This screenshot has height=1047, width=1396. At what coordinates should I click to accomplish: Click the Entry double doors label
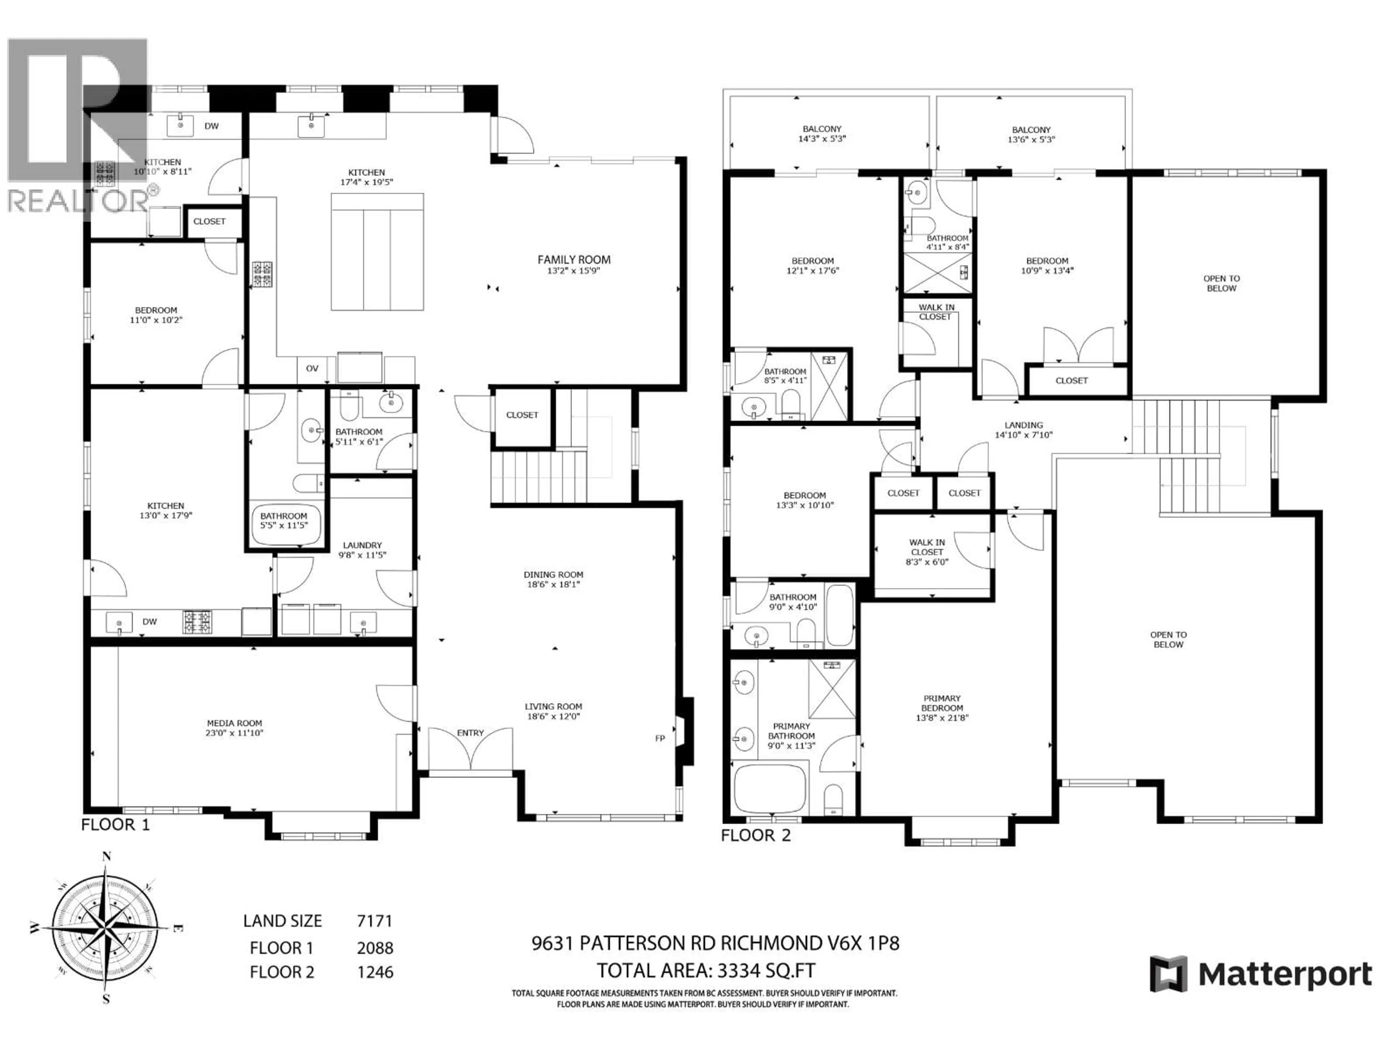[470, 733]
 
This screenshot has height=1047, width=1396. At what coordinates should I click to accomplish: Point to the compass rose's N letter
[107, 857]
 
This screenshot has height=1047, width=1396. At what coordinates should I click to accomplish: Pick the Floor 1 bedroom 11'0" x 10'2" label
[156, 315]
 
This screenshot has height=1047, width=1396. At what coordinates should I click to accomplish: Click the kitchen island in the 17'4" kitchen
[377, 252]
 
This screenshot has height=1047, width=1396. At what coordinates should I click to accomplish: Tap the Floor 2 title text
[755, 835]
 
